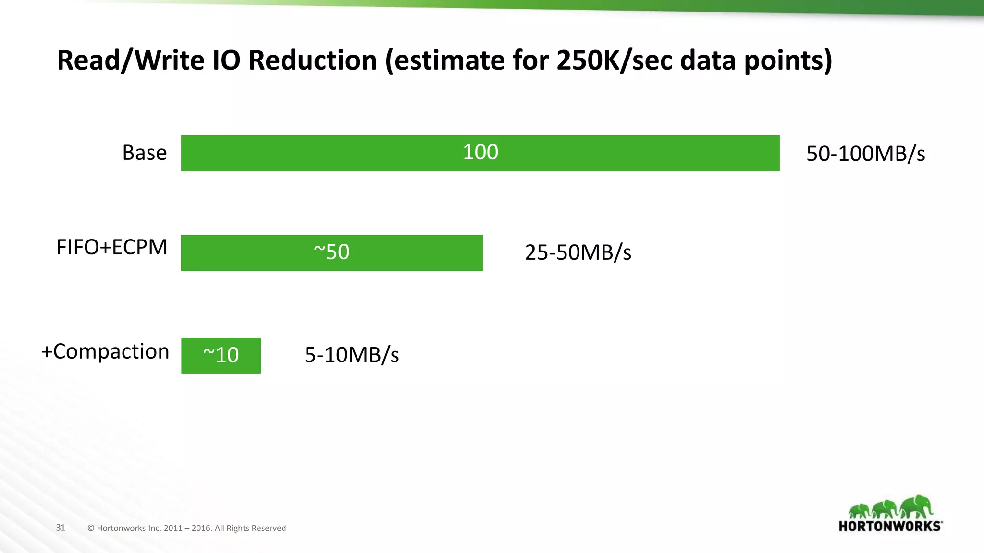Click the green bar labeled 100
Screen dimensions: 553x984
pos(480,153)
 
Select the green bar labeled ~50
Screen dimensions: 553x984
pos(332,253)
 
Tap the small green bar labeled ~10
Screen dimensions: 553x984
pos(221,356)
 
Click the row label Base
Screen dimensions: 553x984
pos(144,153)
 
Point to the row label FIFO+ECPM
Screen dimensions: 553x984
pos(111,248)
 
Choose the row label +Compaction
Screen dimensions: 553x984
pos(105,352)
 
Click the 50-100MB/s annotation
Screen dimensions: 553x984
pos(865,154)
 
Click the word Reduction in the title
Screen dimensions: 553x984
pos(313,61)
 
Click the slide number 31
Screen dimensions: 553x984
pos(61,528)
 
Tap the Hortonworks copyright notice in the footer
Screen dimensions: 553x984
pos(186,528)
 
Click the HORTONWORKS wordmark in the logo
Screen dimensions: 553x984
pos(890,527)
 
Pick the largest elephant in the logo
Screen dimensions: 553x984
pos(916,507)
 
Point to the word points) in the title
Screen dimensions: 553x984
pos(788,61)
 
